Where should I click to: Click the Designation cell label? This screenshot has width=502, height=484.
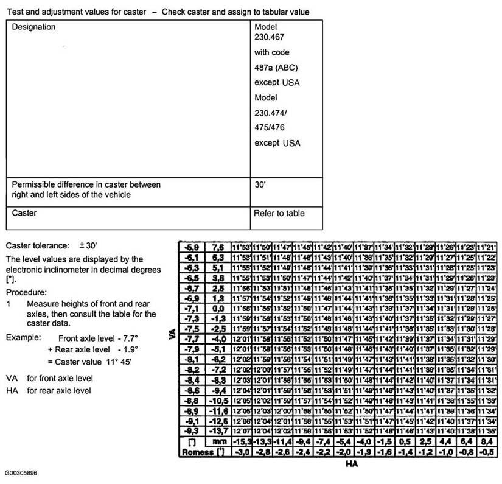(34, 27)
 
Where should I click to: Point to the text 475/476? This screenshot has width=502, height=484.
(270, 128)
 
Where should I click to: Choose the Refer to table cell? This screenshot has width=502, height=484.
(279, 213)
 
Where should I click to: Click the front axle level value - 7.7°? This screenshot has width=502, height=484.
(120, 337)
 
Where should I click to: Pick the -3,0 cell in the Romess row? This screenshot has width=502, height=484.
(242, 452)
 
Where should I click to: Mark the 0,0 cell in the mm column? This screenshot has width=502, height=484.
(218, 309)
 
